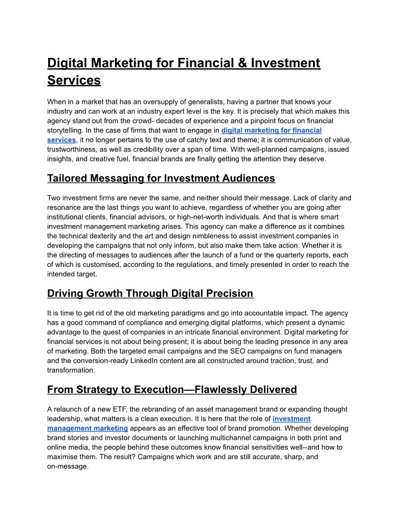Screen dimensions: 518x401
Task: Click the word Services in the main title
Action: click(74, 80)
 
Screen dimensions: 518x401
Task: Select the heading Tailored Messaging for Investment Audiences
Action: click(161, 178)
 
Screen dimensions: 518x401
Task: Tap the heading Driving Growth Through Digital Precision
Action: click(150, 293)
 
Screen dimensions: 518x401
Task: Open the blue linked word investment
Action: click(291, 418)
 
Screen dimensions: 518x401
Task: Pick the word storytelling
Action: click(65, 130)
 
